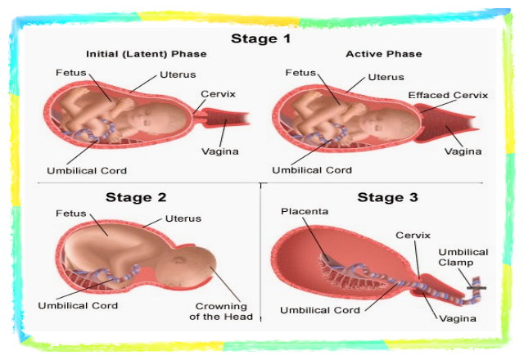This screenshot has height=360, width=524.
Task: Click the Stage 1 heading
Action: coord(261,38)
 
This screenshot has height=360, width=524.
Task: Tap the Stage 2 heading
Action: coord(136,197)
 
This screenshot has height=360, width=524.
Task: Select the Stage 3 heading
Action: coord(387,197)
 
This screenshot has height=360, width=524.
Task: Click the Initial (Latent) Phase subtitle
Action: coord(147,54)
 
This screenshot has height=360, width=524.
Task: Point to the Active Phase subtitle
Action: coord(384,54)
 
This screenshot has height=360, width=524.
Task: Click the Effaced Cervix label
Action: coord(448,95)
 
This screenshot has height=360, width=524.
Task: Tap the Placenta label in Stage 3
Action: coord(305,211)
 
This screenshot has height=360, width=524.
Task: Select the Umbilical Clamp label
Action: coord(463,257)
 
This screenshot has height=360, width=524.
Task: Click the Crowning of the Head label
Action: coord(221,311)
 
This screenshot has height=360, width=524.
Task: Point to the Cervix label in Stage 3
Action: coord(413,236)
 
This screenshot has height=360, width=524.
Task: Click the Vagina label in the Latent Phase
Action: coord(220,151)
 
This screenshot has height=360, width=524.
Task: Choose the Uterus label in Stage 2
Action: coord(183,218)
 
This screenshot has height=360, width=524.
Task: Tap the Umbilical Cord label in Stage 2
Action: coord(78,305)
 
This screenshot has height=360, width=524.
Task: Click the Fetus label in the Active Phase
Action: coord(300,73)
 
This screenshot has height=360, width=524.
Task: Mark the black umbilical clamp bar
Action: coord(477,288)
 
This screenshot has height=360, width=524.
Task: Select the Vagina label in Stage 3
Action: coord(458,318)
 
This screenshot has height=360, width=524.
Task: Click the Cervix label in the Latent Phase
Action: coord(219,94)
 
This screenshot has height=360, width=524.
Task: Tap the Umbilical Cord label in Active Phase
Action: coord(312,170)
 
